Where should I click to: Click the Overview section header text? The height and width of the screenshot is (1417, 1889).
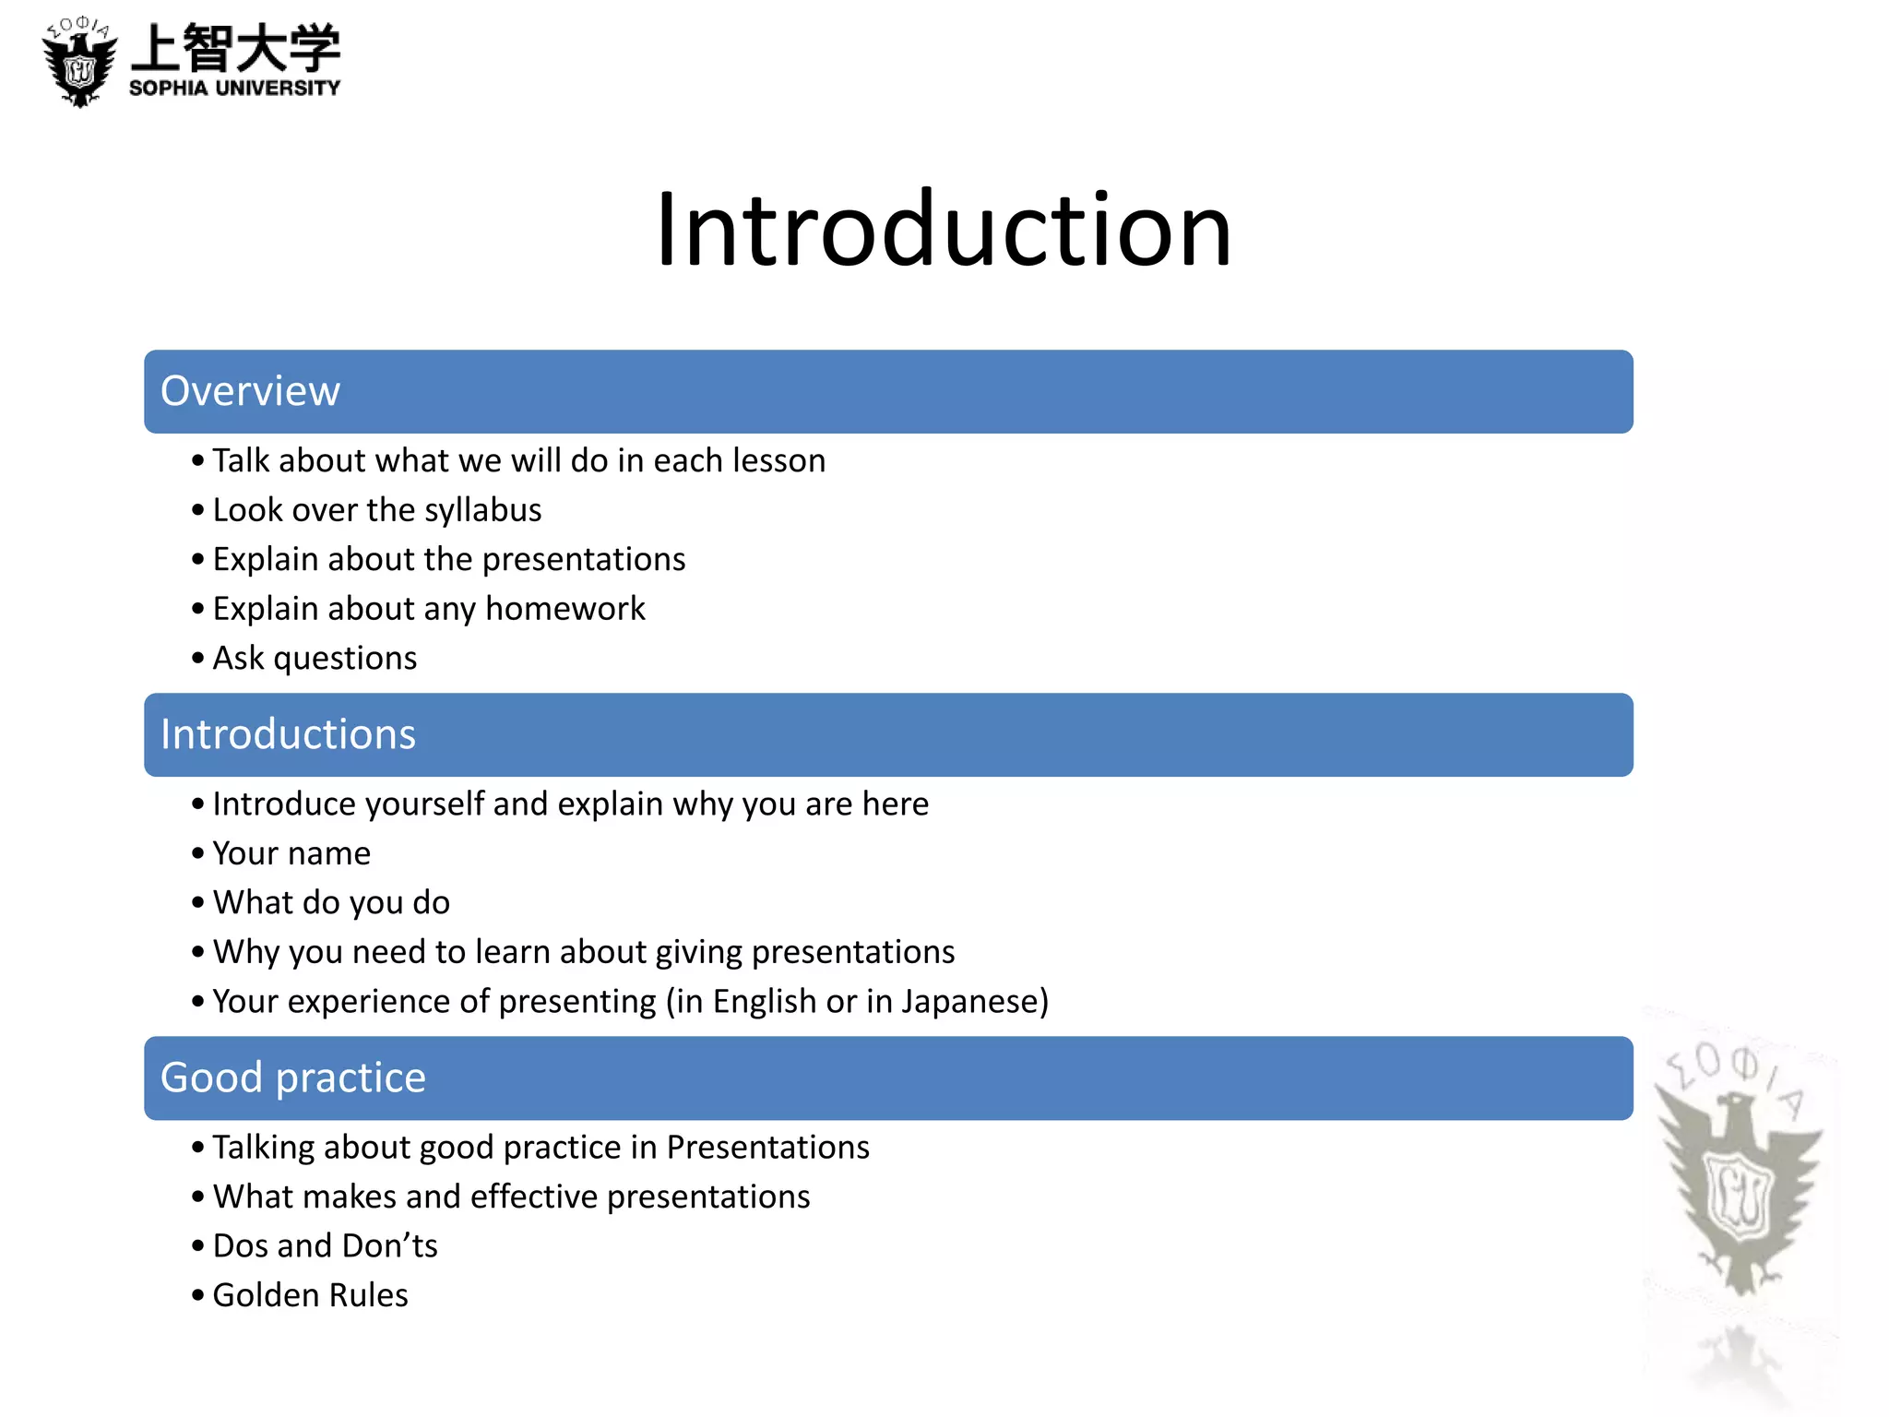pos(250,391)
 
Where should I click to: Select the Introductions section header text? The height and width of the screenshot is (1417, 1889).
pos(288,734)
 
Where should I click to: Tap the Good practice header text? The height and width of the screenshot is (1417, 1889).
pos(293,1078)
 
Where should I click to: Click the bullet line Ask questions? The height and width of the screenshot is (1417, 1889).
pos(315,659)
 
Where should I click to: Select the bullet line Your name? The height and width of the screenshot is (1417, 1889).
pos(291,853)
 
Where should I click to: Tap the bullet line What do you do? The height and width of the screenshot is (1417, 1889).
pos(331,903)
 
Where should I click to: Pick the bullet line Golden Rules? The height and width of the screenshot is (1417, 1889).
pos(310,1295)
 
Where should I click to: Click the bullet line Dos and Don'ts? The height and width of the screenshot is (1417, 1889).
pos(325,1246)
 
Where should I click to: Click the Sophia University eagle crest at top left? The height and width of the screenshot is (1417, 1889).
pos(80,63)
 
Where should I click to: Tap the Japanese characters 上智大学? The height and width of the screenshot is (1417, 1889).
pos(236,48)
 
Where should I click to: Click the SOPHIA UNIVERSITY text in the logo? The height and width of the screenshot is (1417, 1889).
pos(234,89)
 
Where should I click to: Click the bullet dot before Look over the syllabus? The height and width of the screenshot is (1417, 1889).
pos(197,510)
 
